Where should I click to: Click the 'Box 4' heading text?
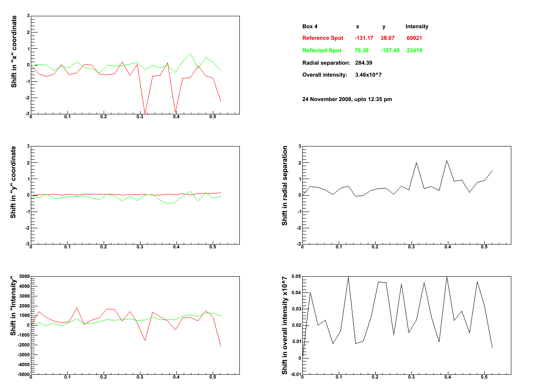point(310,27)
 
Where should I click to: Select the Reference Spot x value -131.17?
point(364,38)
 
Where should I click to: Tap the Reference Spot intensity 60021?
point(414,38)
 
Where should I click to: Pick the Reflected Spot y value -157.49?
point(390,51)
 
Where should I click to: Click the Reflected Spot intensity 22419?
point(415,51)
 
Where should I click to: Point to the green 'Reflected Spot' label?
point(322,51)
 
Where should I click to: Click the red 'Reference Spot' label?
point(322,38)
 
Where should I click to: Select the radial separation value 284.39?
point(364,63)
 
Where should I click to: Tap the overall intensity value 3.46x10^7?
point(368,75)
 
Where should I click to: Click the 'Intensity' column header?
point(417,27)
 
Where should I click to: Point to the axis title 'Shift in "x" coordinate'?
point(14,52)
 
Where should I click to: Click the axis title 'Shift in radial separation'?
point(284,186)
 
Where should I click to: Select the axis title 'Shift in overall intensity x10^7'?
point(284,325)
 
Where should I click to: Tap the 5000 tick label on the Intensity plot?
point(24,277)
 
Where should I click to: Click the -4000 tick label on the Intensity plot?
point(24,364)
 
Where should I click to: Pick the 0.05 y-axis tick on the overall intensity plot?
point(296,277)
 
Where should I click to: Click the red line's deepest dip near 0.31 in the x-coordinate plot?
point(145,113)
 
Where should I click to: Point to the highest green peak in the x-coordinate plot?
point(190,54)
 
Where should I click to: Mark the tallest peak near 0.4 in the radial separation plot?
point(447,161)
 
